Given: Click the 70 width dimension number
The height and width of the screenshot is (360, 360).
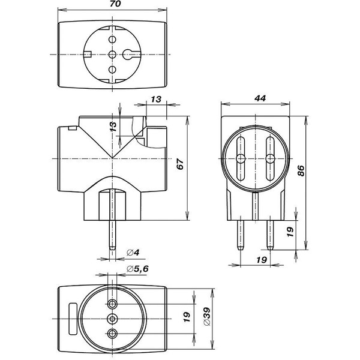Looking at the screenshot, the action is click(x=115, y=4).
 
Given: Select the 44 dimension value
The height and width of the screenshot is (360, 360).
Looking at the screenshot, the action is click(x=260, y=98).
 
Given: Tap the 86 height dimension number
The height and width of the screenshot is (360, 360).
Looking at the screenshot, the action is click(x=301, y=170).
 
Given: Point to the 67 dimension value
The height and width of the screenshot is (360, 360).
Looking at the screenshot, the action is click(x=180, y=164).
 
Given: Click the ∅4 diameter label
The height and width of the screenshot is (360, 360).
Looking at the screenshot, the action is click(x=133, y=253).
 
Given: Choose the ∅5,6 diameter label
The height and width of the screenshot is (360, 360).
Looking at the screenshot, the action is click(x=137, y=269).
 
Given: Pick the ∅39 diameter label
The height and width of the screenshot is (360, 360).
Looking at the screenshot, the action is click(x=206, y=316).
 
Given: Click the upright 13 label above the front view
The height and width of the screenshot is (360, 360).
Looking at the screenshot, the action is click(x=156, y=100).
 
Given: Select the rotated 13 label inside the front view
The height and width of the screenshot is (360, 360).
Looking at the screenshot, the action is click(x=113, y=127).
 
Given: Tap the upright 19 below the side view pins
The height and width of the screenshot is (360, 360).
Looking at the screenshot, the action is click(x=262, y=260).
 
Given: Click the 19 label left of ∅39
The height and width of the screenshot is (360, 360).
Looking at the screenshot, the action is click(x=187, y=317).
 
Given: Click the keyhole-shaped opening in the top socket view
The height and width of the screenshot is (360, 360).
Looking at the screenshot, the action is click(x=129, y=55).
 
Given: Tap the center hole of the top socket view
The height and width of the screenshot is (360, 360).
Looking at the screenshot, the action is click(x=112, y=55).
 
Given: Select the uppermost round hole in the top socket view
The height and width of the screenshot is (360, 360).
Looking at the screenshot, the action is click(x=112, y=40).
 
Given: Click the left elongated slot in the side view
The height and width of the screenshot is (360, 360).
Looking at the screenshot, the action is click(x=241, y=158).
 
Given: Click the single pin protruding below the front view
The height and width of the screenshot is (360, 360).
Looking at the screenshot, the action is click(x=112, y=235).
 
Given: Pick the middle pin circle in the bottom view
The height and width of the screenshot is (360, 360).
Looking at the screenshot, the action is click(x=112, y=319).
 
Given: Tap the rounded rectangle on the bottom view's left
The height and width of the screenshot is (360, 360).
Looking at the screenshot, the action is click(x=73, y=319).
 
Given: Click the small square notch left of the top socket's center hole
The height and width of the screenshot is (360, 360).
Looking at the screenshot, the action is click(x=88, y=55).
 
